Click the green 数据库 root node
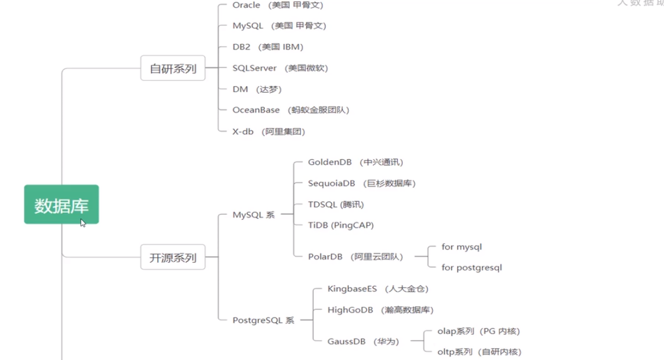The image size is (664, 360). click(x=61, y=205)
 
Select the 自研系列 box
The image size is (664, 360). click(x=173, y=68)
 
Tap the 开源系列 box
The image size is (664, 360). click(x=173, y=257)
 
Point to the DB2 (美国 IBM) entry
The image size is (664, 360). click(x=268, y=47)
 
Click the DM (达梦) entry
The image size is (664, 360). click(x=257, y=89)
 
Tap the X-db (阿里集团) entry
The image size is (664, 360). click(x=269, y=131)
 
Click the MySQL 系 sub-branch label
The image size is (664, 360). click(x=254, y=215)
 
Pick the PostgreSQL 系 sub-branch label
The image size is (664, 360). click(x=263, y=320)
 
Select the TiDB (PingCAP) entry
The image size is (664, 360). click(x=341, y=225)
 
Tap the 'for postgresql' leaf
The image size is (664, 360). click(x=472, y=267)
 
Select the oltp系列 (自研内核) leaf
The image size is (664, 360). click(x=479, y=352)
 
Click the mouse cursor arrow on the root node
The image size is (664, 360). click(x=82, y=222)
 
